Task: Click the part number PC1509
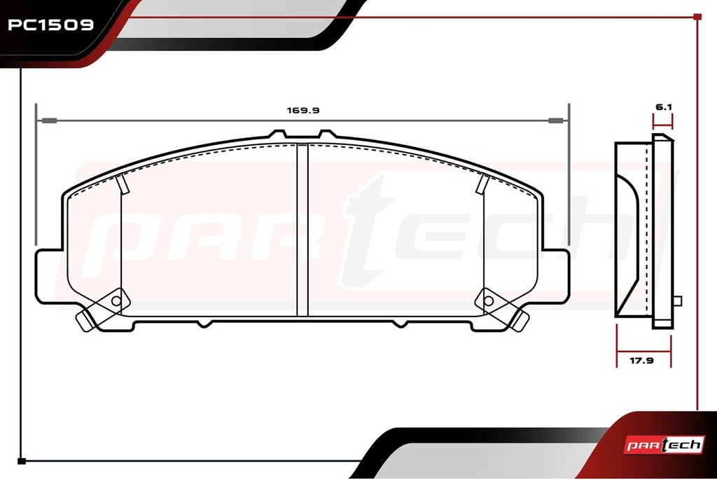click(x=50, y=25)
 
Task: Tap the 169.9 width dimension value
click(x=302, y=110)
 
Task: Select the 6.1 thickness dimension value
click(x=664, y=107)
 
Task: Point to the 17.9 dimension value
click(x=641, y=361)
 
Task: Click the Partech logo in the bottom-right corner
click(x=664, y=445)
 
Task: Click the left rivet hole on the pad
click(x=116, y=301)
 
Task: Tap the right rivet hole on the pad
click(x=488, y=301)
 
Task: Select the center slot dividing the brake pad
click(x=302, y=230)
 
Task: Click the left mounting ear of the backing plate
click(x=48, y=277)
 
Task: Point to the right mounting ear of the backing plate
click(x=556, y=277)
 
